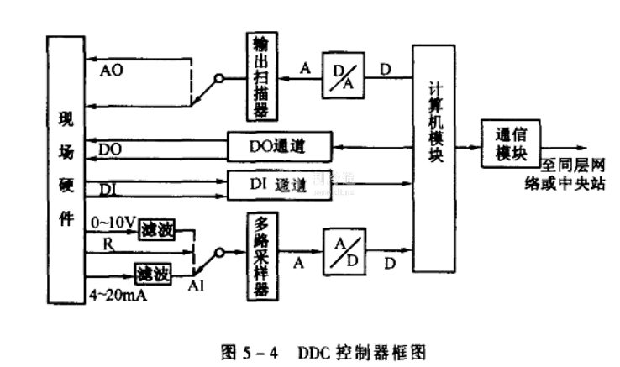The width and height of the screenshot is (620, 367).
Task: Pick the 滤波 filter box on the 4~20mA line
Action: click(152, 273)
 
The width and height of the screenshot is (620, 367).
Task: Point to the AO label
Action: click(111, 70)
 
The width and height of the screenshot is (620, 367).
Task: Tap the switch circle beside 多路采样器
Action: click(218, 251)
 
